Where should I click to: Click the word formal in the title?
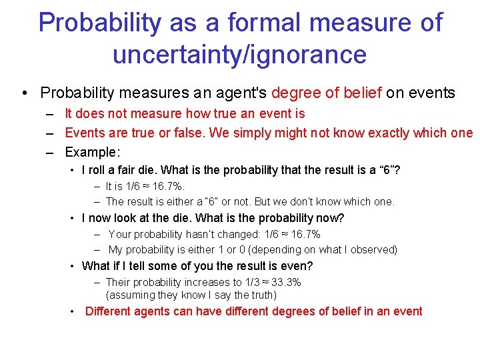tap(263, 23)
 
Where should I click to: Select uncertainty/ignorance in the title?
tap(239, 55)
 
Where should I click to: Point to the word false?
tap(187, 133)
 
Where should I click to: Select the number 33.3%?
tap(285, 282)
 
